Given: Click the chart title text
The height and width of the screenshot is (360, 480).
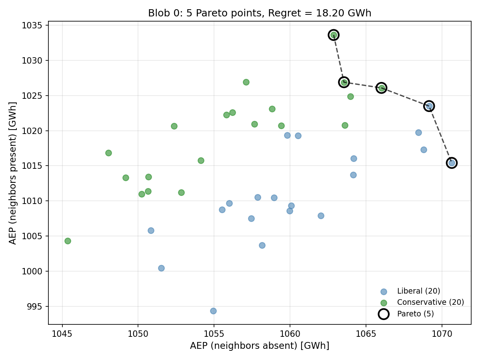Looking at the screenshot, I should (x=260, y=13).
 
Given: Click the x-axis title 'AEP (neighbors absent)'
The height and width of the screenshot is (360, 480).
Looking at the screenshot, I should (x=260, y=346).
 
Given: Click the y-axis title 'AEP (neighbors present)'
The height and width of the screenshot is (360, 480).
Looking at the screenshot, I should (x=13, y=173).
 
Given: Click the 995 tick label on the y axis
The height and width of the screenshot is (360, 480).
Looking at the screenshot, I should (x=37, y=306).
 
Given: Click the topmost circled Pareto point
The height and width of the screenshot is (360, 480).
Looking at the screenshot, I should (x=334, y=35).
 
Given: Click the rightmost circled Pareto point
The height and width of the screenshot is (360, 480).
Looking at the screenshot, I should (x=452, y=163).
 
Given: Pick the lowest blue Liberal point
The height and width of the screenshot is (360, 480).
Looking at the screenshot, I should (x=213, y=311).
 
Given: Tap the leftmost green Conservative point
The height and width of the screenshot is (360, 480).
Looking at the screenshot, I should (x=68, y=241).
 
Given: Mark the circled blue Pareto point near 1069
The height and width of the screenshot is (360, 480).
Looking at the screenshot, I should (x=429, y=106).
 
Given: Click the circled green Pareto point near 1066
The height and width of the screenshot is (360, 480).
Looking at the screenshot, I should (x=382, y=88).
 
